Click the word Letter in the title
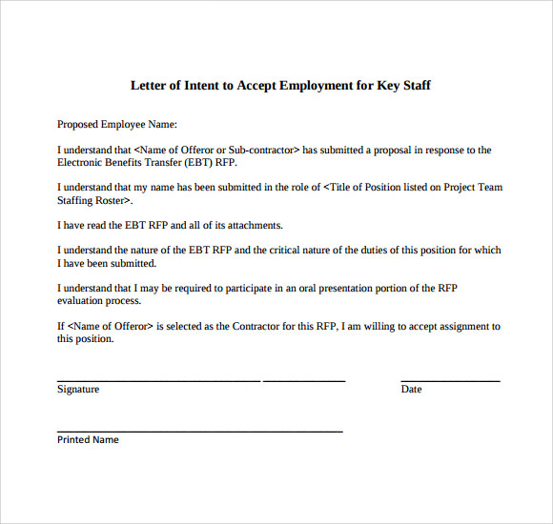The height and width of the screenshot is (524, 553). click(x=148, y=86)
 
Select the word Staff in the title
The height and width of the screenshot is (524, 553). click(x=415, y=86)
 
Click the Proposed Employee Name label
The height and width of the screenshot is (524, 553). click(x=116, y=124)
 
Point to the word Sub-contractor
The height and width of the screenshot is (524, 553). click(x=263, y=150)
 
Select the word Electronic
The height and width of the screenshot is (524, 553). click(x=83, y=162)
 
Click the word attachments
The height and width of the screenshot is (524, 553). click(x=250, y=225)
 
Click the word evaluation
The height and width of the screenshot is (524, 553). click(x=82, y=300)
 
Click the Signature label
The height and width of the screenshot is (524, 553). click(x=78, y=389)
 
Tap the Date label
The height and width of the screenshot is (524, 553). click(x=411, y=389)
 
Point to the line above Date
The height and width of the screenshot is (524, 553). click(x=450, y=380)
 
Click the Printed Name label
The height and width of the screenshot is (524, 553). click(x=88, y=439)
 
